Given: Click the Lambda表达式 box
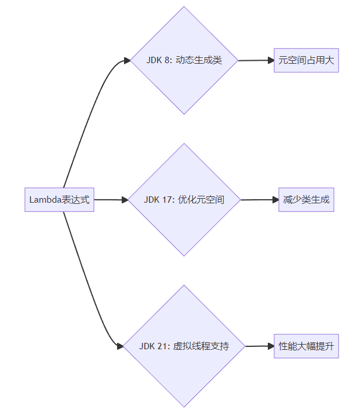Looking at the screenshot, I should [59, 200].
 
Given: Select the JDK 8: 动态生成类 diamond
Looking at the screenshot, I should [184, 60].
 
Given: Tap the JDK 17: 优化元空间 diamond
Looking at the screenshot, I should [184, 200].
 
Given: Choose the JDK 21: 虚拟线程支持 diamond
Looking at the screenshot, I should [184, 346].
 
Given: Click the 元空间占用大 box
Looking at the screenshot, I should [306, 60].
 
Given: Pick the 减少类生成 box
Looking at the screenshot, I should [306, 200].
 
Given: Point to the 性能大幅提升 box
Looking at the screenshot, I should [306, 346].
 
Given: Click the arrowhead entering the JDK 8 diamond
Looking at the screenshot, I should [126, 61].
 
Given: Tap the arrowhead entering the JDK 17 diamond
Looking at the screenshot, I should [125, 200].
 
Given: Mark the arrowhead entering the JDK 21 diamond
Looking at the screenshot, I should [120, 346].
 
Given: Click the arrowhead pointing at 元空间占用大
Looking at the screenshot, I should [270, 60].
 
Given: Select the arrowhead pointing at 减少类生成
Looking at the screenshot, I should [275, 200].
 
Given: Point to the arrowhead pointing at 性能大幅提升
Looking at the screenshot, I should [270, 346].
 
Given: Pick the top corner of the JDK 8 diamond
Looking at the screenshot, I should [184, 7].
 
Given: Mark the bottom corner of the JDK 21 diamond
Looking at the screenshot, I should [184, 407].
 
